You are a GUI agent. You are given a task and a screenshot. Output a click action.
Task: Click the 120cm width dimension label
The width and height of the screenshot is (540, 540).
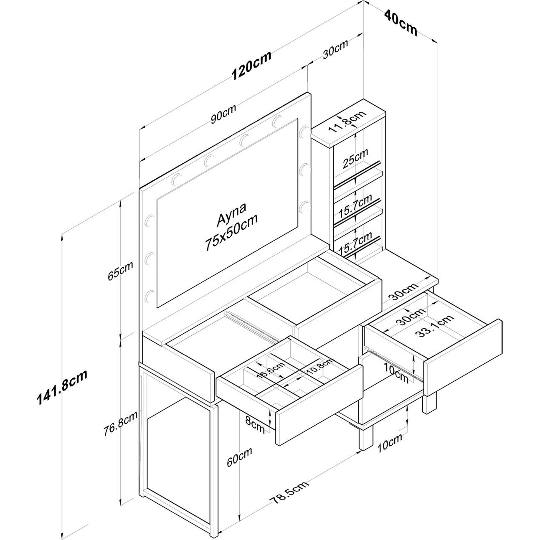pyautogui.click(x=252, y=65)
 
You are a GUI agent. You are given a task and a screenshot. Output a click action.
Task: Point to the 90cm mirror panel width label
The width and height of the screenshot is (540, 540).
pyautogui.click(x=223, y=114)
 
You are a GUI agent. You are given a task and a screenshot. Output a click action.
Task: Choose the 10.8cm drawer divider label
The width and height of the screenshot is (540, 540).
pyautogui.click(x=319, y=366)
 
